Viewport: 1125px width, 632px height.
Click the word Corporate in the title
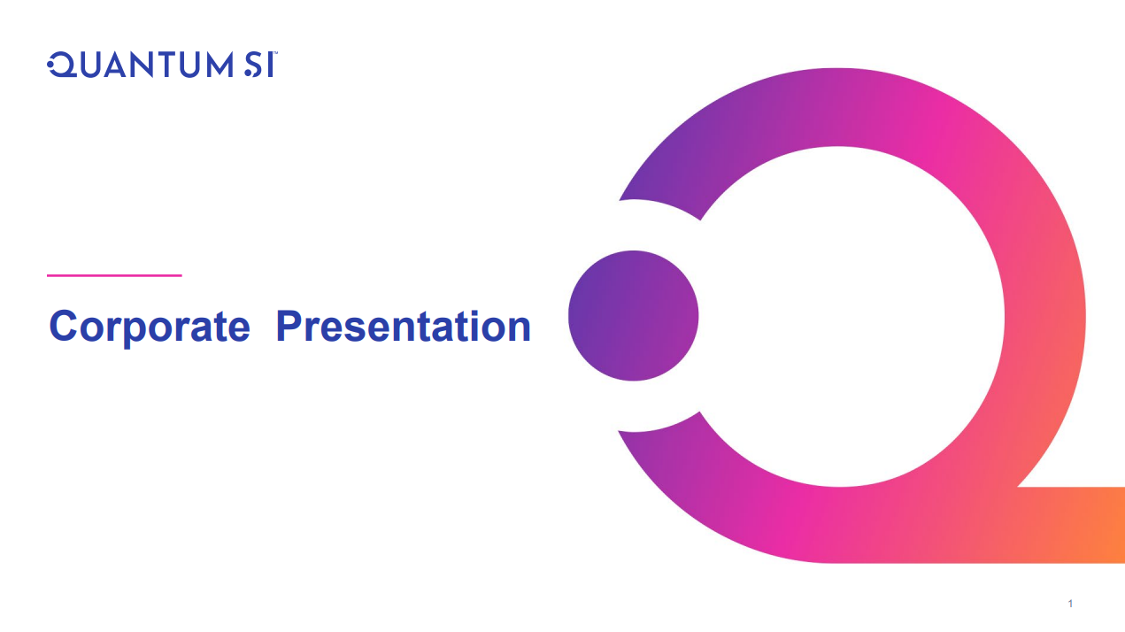[150, 328]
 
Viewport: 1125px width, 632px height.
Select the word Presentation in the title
[404, 326]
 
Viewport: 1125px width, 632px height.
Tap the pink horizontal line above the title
[114, 275]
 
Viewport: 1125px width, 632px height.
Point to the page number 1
[1070, 604]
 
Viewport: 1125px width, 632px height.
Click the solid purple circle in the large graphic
[634, 315]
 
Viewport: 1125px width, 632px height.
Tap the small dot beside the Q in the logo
[50, 65]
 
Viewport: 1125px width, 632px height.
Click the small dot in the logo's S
[248, 73]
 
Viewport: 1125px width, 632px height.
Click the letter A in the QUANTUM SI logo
[117, 65]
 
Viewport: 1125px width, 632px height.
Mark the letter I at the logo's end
[271, 65]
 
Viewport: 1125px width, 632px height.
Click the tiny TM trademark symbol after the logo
[275, 52]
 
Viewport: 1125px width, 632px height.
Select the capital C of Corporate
[63, 326]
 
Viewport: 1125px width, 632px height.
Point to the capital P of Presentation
[289, 326]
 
